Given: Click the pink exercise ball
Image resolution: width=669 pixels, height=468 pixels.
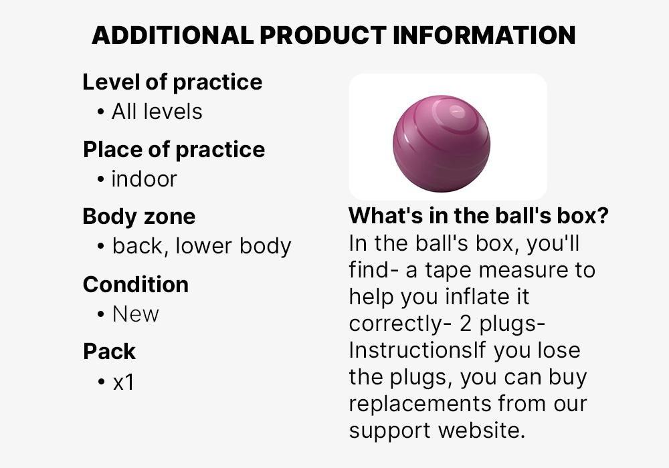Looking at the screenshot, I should tap(442, 143).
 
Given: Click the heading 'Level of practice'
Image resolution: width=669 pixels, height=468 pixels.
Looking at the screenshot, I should tap(172, 82).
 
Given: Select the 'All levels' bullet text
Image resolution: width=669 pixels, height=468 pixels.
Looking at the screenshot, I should tap(157, 111).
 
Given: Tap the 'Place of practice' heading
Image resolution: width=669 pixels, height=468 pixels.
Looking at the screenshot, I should tap(174, 150).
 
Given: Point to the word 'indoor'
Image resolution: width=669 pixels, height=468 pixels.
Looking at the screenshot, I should tap(144, 179).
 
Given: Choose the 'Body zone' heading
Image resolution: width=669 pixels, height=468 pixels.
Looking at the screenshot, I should tap(139, 217).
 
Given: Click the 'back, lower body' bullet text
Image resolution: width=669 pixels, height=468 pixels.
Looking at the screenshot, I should tap(201, 246).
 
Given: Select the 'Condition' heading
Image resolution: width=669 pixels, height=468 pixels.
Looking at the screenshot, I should tap(136, 284).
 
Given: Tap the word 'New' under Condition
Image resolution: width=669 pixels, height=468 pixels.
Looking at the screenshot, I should tap(135, 314).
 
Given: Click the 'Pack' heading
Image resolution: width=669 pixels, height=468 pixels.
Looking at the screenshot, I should tap(109, 352).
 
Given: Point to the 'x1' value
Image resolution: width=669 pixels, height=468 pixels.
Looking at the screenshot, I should tap(123, 382).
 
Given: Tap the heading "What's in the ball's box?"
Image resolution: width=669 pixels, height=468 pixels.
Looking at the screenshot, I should tap(478, 217).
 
